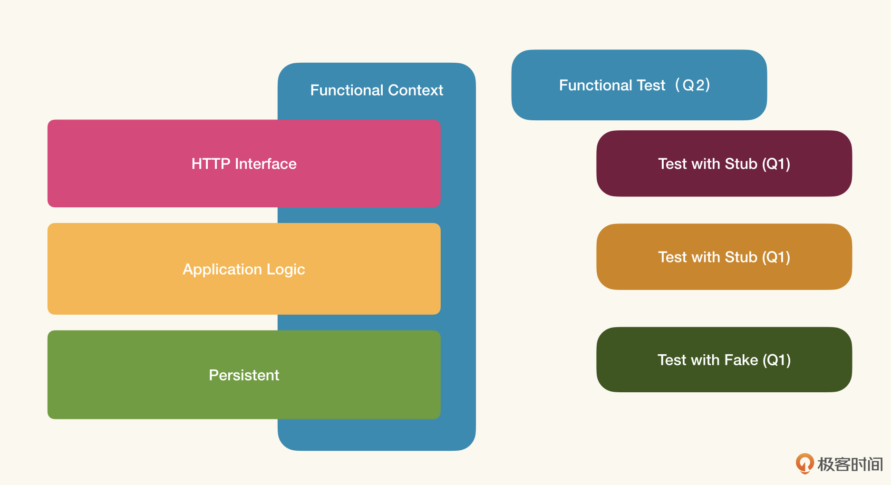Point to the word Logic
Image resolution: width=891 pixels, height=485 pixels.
pos(286,270)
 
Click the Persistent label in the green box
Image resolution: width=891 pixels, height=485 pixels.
pos(244,375)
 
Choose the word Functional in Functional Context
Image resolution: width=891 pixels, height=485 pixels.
pos(347,90)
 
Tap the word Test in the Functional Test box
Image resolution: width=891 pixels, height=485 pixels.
pos(651,86)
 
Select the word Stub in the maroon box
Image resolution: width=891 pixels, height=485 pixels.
pos(741,164)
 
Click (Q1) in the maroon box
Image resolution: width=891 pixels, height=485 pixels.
pos(776,164)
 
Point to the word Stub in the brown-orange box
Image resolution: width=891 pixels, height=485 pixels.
pos(741,257)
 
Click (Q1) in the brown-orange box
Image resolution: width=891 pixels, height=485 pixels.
pos(776,257)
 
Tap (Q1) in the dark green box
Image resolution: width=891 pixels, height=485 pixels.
pos(776,360)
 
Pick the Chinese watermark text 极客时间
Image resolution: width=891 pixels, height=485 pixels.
pos(850,464)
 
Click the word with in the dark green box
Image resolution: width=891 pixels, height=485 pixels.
pos(706,360)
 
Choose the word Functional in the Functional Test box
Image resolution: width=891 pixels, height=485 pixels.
pos(595,86)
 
